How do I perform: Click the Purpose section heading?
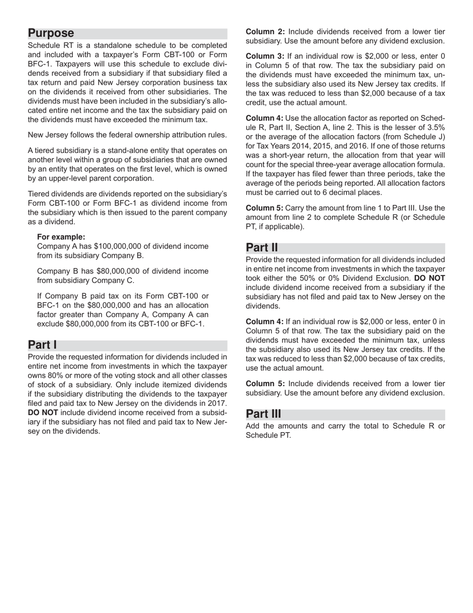pyautogui.click(x=51, y=33)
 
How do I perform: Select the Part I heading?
pyautogui.click(x=42, y=345)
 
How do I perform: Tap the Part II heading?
pyautogui.click(x=262, y=248)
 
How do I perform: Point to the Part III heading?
pyautogui.click(x=263, y=414)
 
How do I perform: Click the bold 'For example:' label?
pyautogui.click(x=61, y=237)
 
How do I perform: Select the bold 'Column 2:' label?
pyautogui.click(x=265, y=31)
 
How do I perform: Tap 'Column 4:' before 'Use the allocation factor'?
pyautogui.click(x=265, y=118)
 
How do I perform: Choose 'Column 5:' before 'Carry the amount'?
pyautogui.click(x=265, y=208)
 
